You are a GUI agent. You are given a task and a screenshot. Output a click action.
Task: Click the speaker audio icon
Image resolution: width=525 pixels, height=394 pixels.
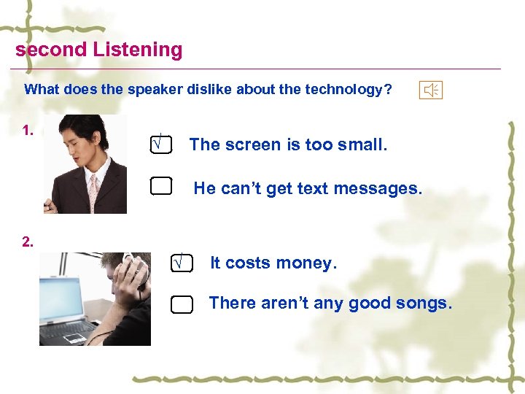point(431,90)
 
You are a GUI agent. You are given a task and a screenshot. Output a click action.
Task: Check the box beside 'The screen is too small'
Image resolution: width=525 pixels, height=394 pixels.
point(160,144)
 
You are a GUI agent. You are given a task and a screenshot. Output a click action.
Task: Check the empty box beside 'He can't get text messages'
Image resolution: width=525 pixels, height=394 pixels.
point(160,188)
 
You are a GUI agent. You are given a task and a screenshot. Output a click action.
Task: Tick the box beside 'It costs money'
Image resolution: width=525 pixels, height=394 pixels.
point(182,262)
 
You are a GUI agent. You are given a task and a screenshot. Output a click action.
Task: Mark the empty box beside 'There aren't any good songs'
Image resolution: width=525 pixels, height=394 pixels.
point(182,304)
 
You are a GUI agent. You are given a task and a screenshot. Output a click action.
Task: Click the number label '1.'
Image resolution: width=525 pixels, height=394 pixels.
point(28,131)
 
